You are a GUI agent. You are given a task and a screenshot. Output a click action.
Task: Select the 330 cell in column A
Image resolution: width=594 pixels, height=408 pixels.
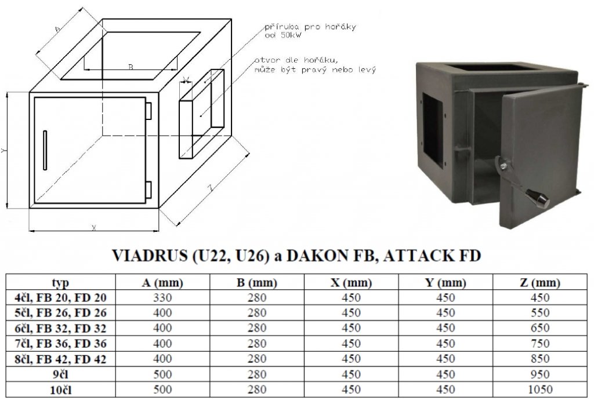(x=162, y=298)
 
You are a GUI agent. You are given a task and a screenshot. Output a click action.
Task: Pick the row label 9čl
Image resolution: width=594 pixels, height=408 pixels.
(x=60, y=374)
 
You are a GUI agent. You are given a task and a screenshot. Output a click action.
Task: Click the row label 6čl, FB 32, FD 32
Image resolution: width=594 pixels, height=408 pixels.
(x=60, y=329)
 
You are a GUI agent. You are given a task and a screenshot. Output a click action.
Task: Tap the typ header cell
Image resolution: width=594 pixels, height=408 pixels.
(x=60, y=283)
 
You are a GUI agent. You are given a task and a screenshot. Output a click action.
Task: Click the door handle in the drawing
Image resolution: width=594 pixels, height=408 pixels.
(x=45, y=151)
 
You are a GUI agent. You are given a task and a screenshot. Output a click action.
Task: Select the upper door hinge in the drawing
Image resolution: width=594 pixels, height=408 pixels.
(x=148, y=109)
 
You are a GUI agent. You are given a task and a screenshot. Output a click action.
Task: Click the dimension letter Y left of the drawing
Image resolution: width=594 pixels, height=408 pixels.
(x=5, y=150)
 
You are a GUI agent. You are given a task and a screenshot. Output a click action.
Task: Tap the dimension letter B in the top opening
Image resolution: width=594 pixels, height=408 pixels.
(x=131, y=67)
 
